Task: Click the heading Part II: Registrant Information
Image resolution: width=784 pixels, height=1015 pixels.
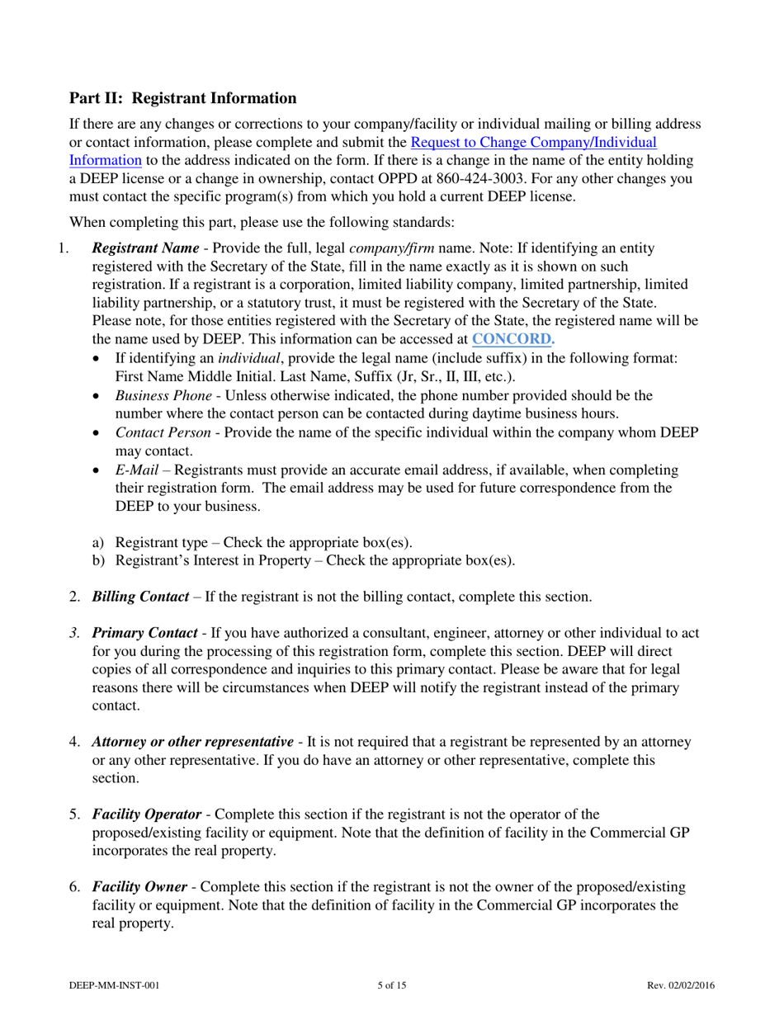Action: (182, 98)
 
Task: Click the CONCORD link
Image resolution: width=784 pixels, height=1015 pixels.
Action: (512, 338)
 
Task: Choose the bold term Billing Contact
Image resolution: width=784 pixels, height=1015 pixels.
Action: (140, 597)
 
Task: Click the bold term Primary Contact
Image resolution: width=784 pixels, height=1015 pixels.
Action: (144, 634)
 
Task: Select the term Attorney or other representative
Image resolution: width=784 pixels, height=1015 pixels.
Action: (192, 742)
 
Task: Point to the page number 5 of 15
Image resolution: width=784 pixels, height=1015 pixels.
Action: (391, 985)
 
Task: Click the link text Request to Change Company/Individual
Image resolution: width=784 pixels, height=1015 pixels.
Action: (533, 142)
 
